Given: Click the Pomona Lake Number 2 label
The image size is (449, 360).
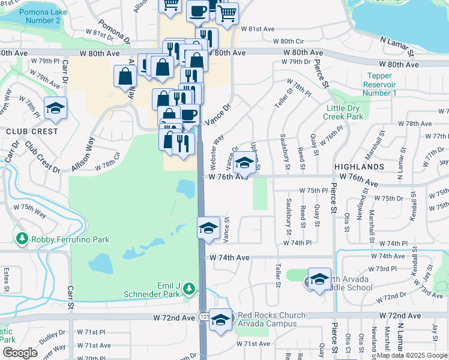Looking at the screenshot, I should tap(40, 16).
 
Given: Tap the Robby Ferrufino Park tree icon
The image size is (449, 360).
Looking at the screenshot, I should tap(23, 239).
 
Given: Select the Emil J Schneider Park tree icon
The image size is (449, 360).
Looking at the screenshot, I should tap(189, 289).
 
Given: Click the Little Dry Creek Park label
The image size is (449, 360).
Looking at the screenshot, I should tap(344, 112).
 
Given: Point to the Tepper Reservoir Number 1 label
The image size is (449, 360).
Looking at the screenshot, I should tap(380, 85).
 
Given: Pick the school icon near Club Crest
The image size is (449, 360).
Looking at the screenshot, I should tap(55, 109).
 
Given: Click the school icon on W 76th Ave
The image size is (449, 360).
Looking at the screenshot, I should tap(244, 163).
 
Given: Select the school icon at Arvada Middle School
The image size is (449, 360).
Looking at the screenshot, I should tap(320, 279).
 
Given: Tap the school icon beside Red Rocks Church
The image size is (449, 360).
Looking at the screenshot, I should tap(221, 319).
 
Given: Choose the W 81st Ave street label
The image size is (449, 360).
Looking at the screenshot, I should tap(258, 29).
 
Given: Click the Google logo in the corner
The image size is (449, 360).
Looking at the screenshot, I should tap(20, 353).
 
